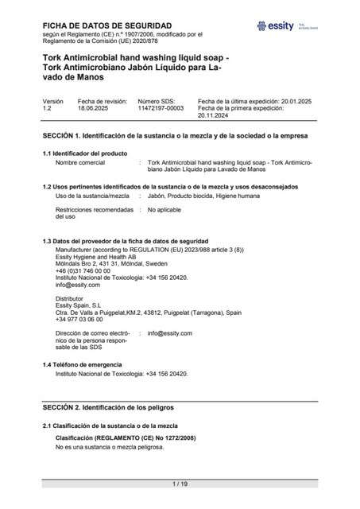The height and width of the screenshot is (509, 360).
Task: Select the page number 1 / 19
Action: pos(180,484)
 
